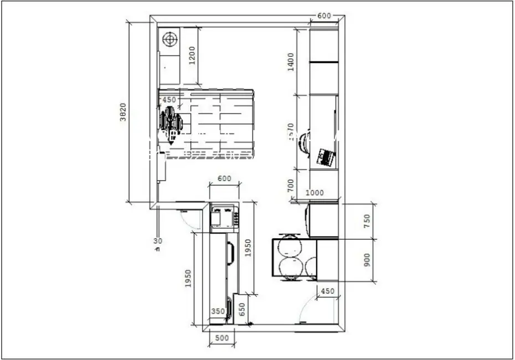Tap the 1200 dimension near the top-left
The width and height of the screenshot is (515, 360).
192,55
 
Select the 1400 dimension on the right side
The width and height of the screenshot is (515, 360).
291,59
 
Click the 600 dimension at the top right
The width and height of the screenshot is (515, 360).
324,16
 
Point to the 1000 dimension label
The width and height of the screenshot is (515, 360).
315,193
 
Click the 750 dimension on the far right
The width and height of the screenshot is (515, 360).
366,221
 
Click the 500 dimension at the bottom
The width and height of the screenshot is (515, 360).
222,338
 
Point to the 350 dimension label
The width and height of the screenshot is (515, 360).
218,311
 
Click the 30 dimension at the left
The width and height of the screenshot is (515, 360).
158,241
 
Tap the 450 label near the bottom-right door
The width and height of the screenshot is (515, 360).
328,291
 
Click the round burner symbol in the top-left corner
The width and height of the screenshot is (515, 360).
170,40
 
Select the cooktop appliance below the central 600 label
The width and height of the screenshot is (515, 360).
224,216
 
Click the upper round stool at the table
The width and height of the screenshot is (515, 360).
290,246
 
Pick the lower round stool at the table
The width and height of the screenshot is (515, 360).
290,267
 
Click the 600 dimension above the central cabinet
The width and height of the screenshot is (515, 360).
224,179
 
